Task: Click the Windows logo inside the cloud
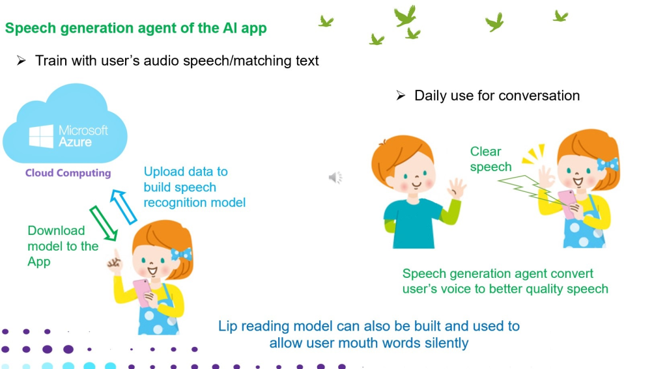tap(41, 136)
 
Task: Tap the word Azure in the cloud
tap(75, 142)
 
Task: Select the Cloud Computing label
tap(68, 173)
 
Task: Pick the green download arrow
tap(104, 224)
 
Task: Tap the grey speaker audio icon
tap(335, 177)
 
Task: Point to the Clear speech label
tap(491, 159)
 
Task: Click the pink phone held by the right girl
tap(567, 204)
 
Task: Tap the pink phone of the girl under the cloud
tap(143, 293)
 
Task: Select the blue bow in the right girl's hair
tap(608, 164)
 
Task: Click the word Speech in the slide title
tap(31, 29)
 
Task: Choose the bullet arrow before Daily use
tap(401, 96)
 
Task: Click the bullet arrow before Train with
tap(21, 61)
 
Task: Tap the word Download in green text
tap(56, 230)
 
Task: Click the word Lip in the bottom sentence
tap(227, 327)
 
